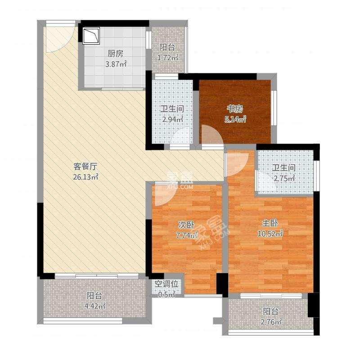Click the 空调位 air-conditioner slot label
(x=167, y=284)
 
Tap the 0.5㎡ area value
(x=167, y=295)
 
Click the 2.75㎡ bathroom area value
(x=284, y=178)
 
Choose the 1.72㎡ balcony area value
(x=167, y=57)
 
